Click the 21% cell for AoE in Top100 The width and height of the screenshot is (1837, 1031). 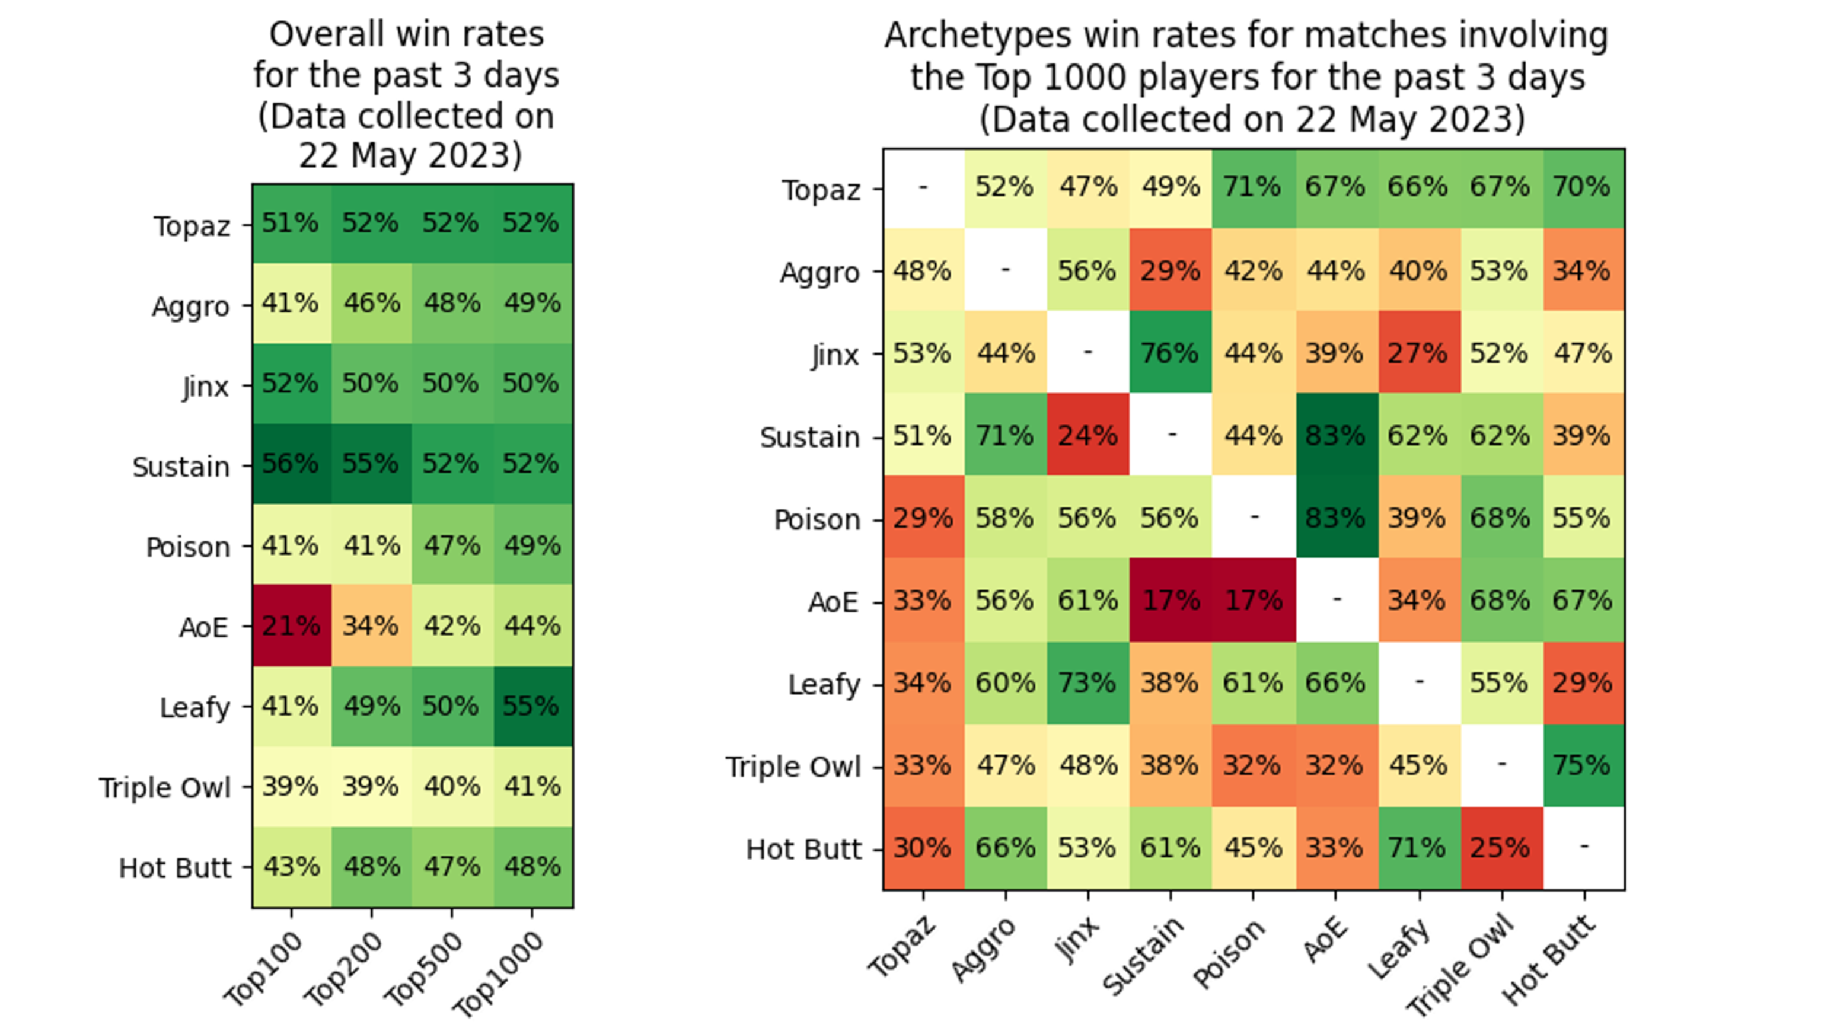point(291,626)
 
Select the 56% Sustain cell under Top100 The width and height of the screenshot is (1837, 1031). point(291,464)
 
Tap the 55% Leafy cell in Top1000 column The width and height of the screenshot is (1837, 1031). point(532,707)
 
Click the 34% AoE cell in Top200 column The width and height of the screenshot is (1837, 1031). point(371,626)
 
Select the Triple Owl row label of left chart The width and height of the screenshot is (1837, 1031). point(165,788)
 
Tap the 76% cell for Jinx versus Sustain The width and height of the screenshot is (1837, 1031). point(1171,352)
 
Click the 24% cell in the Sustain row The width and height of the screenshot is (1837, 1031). point(1087,435)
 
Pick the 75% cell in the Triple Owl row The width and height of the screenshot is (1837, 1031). point(1583,765)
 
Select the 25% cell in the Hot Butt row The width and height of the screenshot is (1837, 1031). point(1500,848)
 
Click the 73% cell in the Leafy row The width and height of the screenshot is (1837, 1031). point(1087,683)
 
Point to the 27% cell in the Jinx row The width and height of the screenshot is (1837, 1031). point(1418,352)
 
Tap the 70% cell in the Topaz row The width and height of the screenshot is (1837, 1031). point(1583,187)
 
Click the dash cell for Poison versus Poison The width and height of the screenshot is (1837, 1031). point(1253,517)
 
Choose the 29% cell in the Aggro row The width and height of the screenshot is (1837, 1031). point(1171,270)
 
